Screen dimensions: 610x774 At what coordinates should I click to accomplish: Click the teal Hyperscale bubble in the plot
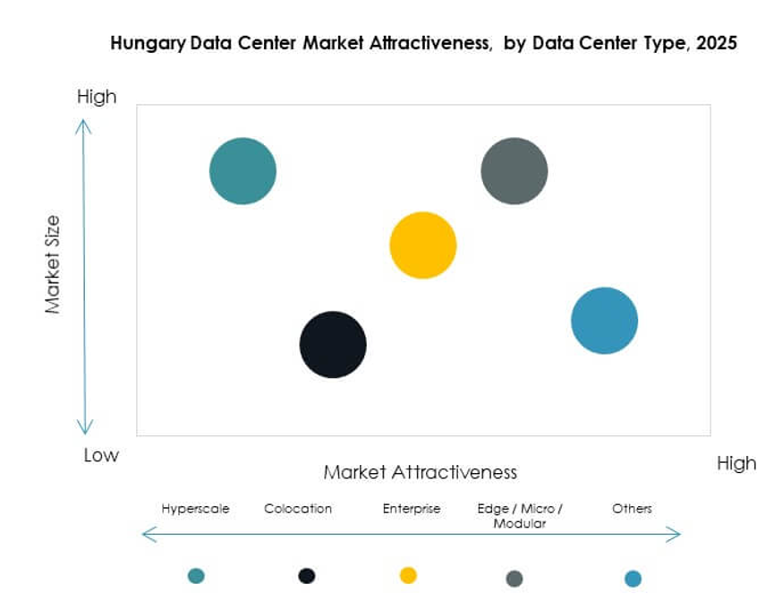pos(242,171)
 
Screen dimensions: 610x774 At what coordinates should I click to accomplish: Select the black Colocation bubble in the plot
pos(333,345)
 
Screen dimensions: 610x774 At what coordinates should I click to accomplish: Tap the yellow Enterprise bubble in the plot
pos(423,245)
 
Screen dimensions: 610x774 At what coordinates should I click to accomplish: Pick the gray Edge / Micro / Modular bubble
pos(515,171)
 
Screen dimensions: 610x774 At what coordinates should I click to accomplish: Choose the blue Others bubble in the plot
pos(605,321)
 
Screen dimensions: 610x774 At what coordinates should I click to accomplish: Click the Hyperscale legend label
pos(195,509)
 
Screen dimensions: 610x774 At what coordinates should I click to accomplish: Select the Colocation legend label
pos(298,509)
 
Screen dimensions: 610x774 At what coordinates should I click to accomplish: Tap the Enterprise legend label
pos(412,509)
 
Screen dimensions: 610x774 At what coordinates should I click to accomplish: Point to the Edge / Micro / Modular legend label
pos(520,516)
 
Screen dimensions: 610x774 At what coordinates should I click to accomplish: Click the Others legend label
pos(632,509)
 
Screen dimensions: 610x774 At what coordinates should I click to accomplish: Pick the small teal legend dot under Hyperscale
pos(196,576)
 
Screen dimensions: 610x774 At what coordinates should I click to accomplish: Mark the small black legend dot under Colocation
pos(307,576)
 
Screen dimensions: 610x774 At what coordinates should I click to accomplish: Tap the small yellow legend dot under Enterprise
pos(408,575)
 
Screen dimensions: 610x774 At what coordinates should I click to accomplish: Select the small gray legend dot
pos(515,579)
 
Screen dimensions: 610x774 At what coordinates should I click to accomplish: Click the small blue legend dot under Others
pos(633,579)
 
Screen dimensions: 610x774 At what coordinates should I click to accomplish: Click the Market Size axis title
pos(53,264)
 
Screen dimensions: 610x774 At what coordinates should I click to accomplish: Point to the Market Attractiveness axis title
pos(421,472)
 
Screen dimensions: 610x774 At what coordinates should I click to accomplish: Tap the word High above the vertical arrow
pos(97,97)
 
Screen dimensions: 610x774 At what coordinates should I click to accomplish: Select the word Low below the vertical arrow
pos(101,455)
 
